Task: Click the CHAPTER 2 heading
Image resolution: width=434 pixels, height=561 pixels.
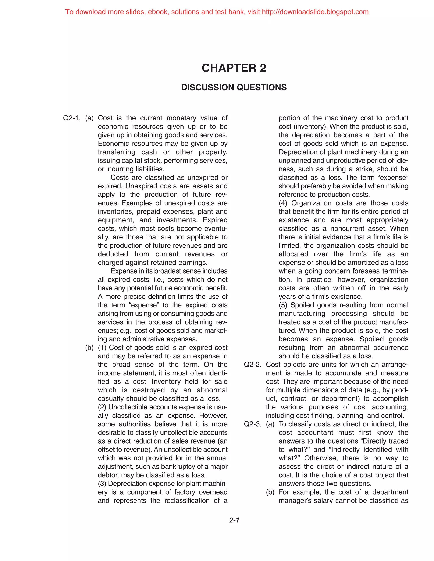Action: pos(234,68)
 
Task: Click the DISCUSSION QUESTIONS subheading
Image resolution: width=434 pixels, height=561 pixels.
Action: pos(234,87)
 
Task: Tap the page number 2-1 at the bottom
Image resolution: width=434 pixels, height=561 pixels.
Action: pos(234,520)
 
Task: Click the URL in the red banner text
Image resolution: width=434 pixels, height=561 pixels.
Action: pos(315,12)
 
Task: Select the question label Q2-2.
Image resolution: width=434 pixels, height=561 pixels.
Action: pos(252,365)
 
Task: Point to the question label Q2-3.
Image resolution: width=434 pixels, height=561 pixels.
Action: pos(252,424)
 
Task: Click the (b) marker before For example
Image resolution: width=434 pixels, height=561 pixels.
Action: pos(270,492)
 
